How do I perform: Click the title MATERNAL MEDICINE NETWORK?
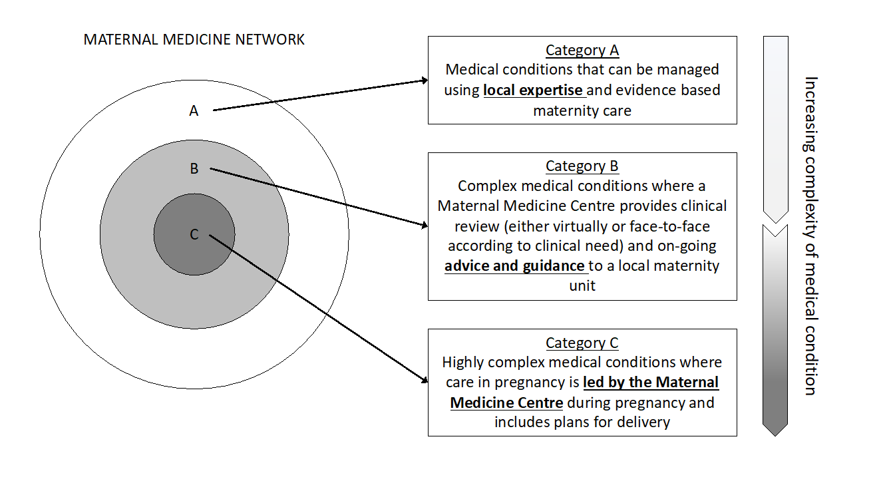point(194,40)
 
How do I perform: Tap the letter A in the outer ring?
point(194,111)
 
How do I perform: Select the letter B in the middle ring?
point(194,169)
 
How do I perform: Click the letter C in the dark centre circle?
point(194,234)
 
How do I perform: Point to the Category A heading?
point(582,51)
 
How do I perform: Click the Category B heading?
point(582,166)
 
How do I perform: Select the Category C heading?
point(582,343)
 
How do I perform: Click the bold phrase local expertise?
point(534,90)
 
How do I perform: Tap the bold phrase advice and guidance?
point(514,266)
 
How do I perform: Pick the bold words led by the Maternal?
point(651,383)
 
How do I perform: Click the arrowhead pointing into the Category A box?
point(424,81)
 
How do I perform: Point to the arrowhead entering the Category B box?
point(424,226)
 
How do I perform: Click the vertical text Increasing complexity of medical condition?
point(810,236)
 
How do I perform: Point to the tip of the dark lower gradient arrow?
point(775,434)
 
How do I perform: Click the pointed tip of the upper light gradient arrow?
point(775,222)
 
